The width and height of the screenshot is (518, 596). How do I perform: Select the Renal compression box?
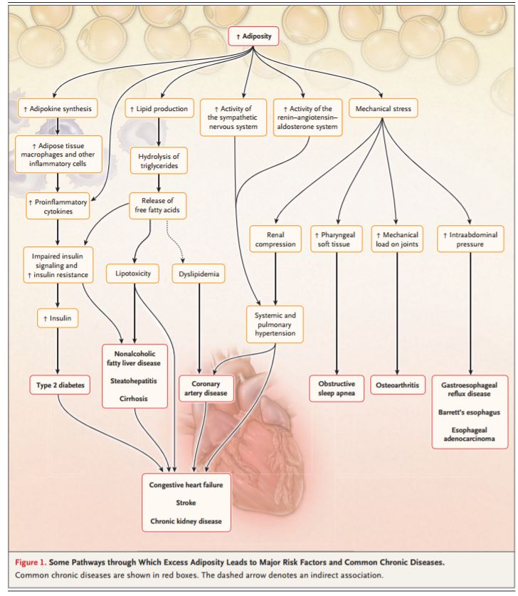[x=275, y=239]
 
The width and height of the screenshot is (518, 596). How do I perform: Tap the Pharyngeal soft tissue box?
[x=337, y=239]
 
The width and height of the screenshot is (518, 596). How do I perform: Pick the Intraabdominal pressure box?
[x=470, y=239]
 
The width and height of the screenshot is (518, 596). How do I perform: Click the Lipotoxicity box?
[x=133, y=273]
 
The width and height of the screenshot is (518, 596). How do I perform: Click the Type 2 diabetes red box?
[x=60, y=385]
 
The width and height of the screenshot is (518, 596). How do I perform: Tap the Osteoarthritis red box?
[x=396, y=385]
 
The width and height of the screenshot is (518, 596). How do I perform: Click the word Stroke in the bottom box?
[x=186, y=503]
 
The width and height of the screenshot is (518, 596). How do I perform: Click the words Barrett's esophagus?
[x=470, y=412]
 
